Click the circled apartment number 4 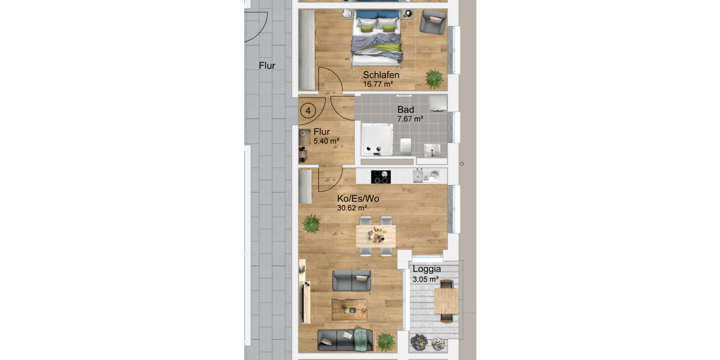pyautogui.click(x=308, y=111)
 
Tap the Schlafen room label pyautogui.click(x=381, y=76)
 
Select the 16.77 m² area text pyautogui.click(x=378, y=85)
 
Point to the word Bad pyautogui.click(x=406, y=110)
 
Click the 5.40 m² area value pyautogui.click(x=326, y=141)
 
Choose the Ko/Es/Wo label pyautogui.click(x=358, y=199)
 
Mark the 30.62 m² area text pyautogui.click(x=352, y=208)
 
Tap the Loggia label pyautogui.click(x=427, y=269)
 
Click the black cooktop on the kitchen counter pyautogui.click(x=380, y=176)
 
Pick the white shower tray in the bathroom pyautogui.click(x=376, y=139)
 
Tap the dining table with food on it pyautogui.click(x=376, y=235)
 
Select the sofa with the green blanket pyautogui.click(x=344, y=340)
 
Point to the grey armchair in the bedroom pyautogui.click(x=433, y=23)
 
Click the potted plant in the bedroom pyautogui.click(x=434, y=78)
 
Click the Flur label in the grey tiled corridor pyautogui.click(x=267, y=65)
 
